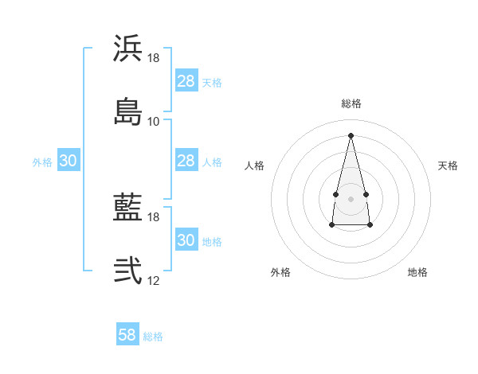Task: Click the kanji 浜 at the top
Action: [127, 49]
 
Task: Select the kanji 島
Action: [127, 111]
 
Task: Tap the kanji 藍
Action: [127, 208]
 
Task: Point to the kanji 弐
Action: [127, 271]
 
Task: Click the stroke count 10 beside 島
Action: [154, 121]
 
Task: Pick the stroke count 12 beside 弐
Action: [154, 280]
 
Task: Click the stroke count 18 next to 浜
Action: [154, 59]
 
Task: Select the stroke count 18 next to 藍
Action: [154, 216]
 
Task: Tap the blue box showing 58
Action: [127, 335]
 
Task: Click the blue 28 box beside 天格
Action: [186, 81]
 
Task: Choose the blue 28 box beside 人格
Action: [186, 161]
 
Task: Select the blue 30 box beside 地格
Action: [186, 240]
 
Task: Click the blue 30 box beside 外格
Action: [68, 161]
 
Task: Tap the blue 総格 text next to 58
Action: [153, 337]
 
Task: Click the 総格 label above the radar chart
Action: [351, 103]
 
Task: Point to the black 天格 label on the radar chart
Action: [449, 166]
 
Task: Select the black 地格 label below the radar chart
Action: [417, 272]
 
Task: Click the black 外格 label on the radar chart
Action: [280, 272]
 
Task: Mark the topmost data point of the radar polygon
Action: [351, 134]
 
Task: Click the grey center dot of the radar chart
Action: [351, 197]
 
